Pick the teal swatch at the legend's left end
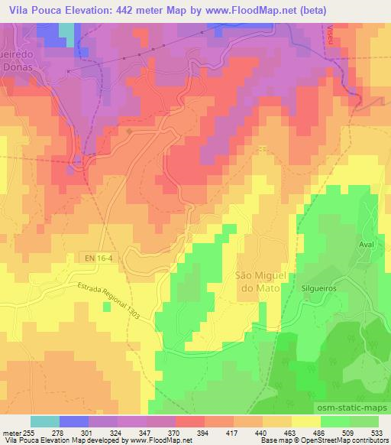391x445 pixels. [x=45, y=421]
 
